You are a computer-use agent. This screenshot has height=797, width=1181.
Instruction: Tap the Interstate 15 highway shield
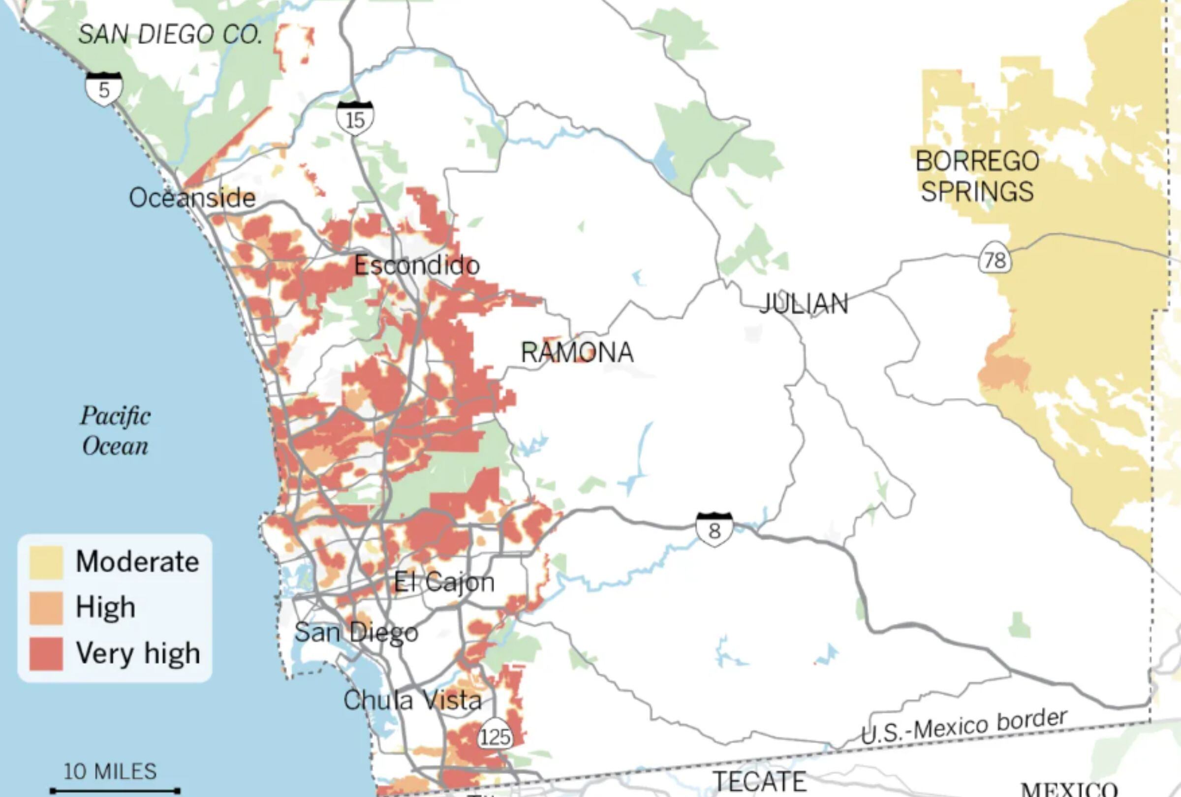point(355,119)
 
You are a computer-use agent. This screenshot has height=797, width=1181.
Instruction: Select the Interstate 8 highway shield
point(714,529)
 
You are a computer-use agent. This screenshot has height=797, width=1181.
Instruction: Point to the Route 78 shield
point(995,260)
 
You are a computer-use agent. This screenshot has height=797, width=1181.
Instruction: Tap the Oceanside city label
point(192,198)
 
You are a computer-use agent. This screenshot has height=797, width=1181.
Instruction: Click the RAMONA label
point(577,353)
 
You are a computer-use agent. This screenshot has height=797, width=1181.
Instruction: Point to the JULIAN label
point(804,304)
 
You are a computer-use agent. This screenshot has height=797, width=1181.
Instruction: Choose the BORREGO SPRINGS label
point(977,176)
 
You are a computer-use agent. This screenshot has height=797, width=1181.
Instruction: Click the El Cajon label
point(444,582)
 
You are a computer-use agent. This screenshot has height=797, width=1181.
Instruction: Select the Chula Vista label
point(412,701)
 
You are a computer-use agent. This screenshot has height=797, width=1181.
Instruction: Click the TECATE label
point(759,781)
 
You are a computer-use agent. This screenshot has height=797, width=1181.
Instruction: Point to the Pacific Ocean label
point(115,431)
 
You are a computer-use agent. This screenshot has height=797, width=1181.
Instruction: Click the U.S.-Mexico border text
point(963,726)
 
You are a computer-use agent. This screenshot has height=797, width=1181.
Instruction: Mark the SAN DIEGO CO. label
point(170,34)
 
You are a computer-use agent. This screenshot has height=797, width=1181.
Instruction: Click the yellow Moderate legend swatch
point(46,562)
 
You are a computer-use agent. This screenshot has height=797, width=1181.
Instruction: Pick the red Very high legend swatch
point(46,653)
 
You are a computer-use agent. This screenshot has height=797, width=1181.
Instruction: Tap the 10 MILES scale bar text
point(110,771)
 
